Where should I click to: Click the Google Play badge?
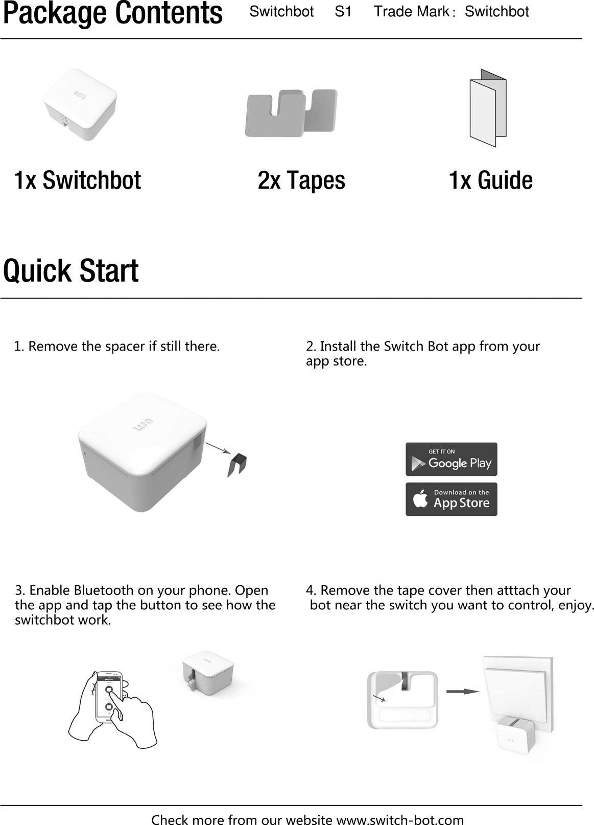click(x=451, y=459)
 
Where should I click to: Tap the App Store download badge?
click(x=451, y=499)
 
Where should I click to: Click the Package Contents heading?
click(x=112, y=14)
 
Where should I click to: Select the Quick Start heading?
click(x=71, y=271)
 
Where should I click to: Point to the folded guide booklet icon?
click(x=488, y=108)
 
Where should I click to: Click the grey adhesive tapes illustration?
click(x=291, y=113)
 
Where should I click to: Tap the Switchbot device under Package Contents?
click(x=80, y=105)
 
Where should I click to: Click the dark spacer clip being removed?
click(x=237, y=464)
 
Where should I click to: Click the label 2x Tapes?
click(x=301, y=180)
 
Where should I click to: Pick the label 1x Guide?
click(x=490, y=180)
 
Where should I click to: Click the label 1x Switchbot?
click(x=77, y=180)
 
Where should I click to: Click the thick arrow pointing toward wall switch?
click(x=462, y=692)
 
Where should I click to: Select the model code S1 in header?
click(x=343, y=11)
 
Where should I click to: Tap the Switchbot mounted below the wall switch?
click(x=513, y=738)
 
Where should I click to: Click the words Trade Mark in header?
click(x=411, y=11)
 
